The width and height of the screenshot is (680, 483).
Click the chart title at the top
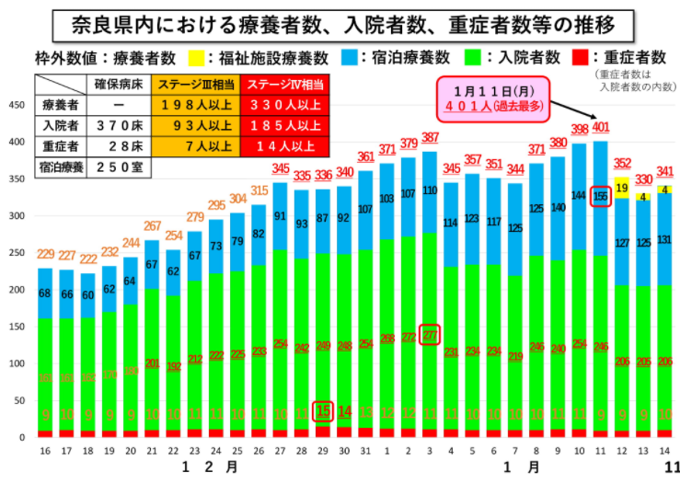[x=340, y=22]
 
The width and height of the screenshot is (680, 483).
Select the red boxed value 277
[x=431, y=335]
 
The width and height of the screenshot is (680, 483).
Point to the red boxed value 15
[x=323, y=411]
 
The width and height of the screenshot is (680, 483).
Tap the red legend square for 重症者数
[x=581, y=58]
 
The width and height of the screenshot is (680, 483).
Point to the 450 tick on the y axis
[x=16, y=105]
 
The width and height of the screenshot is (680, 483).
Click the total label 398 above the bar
[x=580, y=129]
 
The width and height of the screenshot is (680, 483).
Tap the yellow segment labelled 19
[x=622, y=186]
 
